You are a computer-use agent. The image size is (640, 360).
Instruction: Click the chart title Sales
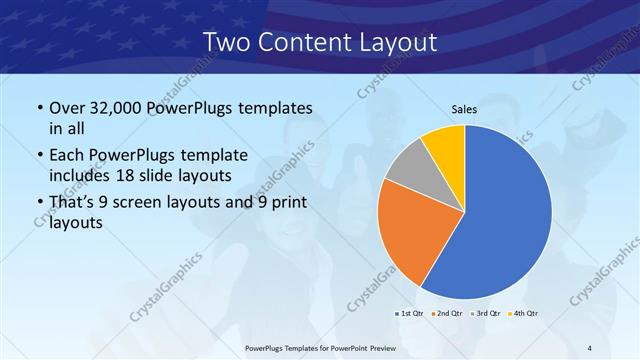tap(464, 110)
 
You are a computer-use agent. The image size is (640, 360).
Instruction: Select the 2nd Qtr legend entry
tap(445, 314)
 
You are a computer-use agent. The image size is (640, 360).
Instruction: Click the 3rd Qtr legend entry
tap(484, 314)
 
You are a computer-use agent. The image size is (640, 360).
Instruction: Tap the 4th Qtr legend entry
tap(521, 314)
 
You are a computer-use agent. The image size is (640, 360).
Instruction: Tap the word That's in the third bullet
tap(74, 203)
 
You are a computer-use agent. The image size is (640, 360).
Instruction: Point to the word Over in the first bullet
tap(68, 107)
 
